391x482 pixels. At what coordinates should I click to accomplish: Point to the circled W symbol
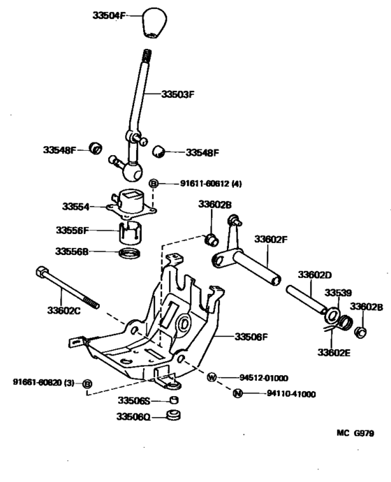tap(212, 377)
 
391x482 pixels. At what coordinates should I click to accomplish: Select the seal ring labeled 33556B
tap(131, 252)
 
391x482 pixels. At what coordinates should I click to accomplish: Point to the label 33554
tap(76, 207)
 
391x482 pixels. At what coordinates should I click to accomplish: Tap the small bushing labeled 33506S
tap(174, 401)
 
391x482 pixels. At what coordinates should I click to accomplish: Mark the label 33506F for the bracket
tap(249, 337)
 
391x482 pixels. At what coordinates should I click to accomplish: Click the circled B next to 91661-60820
tap(87, 384)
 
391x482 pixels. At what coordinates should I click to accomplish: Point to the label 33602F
tap(270, 239)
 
